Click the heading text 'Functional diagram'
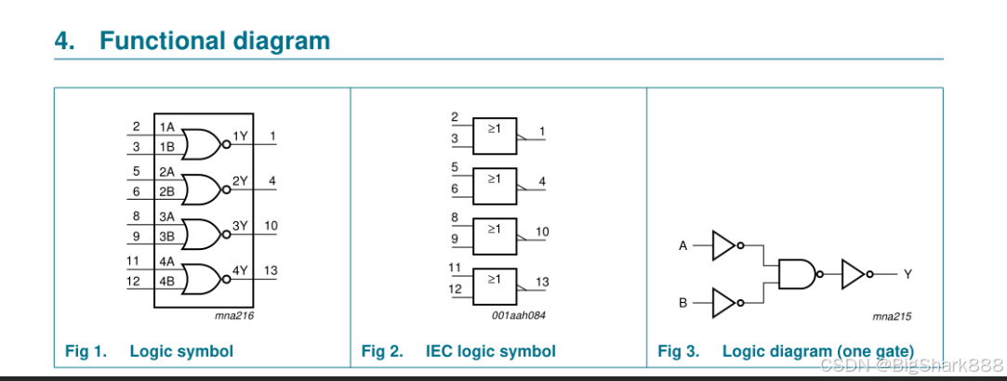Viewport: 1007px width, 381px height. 214,41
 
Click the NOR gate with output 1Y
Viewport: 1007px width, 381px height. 203,144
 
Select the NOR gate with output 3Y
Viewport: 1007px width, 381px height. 203,233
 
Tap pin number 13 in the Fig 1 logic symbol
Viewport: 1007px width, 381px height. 272,270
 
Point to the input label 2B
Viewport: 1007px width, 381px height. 167,191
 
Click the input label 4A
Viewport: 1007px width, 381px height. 167,263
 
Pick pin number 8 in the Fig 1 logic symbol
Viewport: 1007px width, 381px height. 136,216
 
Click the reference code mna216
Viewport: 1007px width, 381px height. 234,316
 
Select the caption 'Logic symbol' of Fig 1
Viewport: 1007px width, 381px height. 181,351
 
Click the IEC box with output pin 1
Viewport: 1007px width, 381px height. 494,136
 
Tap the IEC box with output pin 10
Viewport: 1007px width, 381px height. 494,236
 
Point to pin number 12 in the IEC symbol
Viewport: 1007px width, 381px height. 456,290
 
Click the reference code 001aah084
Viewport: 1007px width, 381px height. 519,316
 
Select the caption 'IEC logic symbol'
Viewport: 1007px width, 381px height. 490,351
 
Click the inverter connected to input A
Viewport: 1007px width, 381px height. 724,246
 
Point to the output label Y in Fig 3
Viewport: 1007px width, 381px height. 908,274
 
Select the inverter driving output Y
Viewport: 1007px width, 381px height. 854,274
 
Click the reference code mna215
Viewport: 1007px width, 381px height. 892,316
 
